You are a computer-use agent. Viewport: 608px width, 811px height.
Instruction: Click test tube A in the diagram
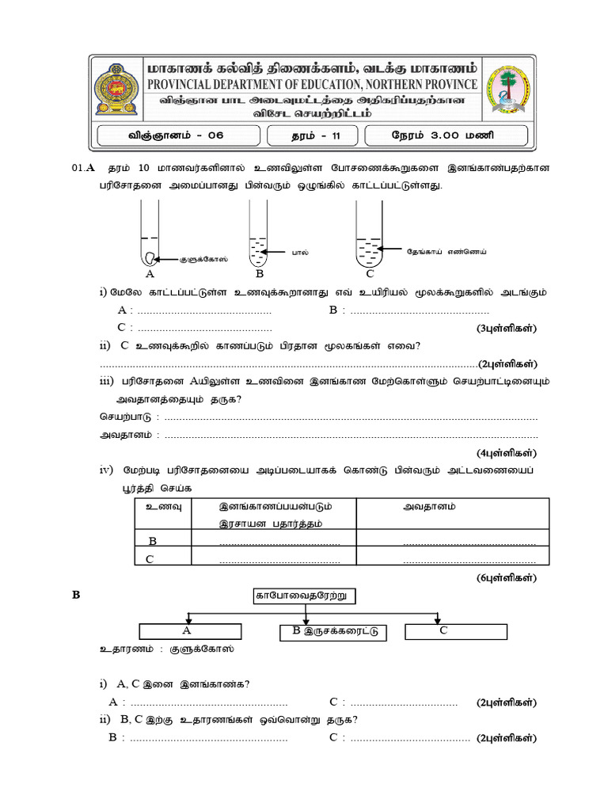tap(150, 234)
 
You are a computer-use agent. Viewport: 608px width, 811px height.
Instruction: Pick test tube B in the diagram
tap(259, 234)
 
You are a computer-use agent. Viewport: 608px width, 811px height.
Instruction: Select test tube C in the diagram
tap(370, 234)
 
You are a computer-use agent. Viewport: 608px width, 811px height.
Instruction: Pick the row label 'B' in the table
tap(153, 540)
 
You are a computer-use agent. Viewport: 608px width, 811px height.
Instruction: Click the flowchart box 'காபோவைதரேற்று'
tap(294, 596)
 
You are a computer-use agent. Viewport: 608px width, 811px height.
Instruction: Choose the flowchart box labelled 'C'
tap(455, 631)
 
